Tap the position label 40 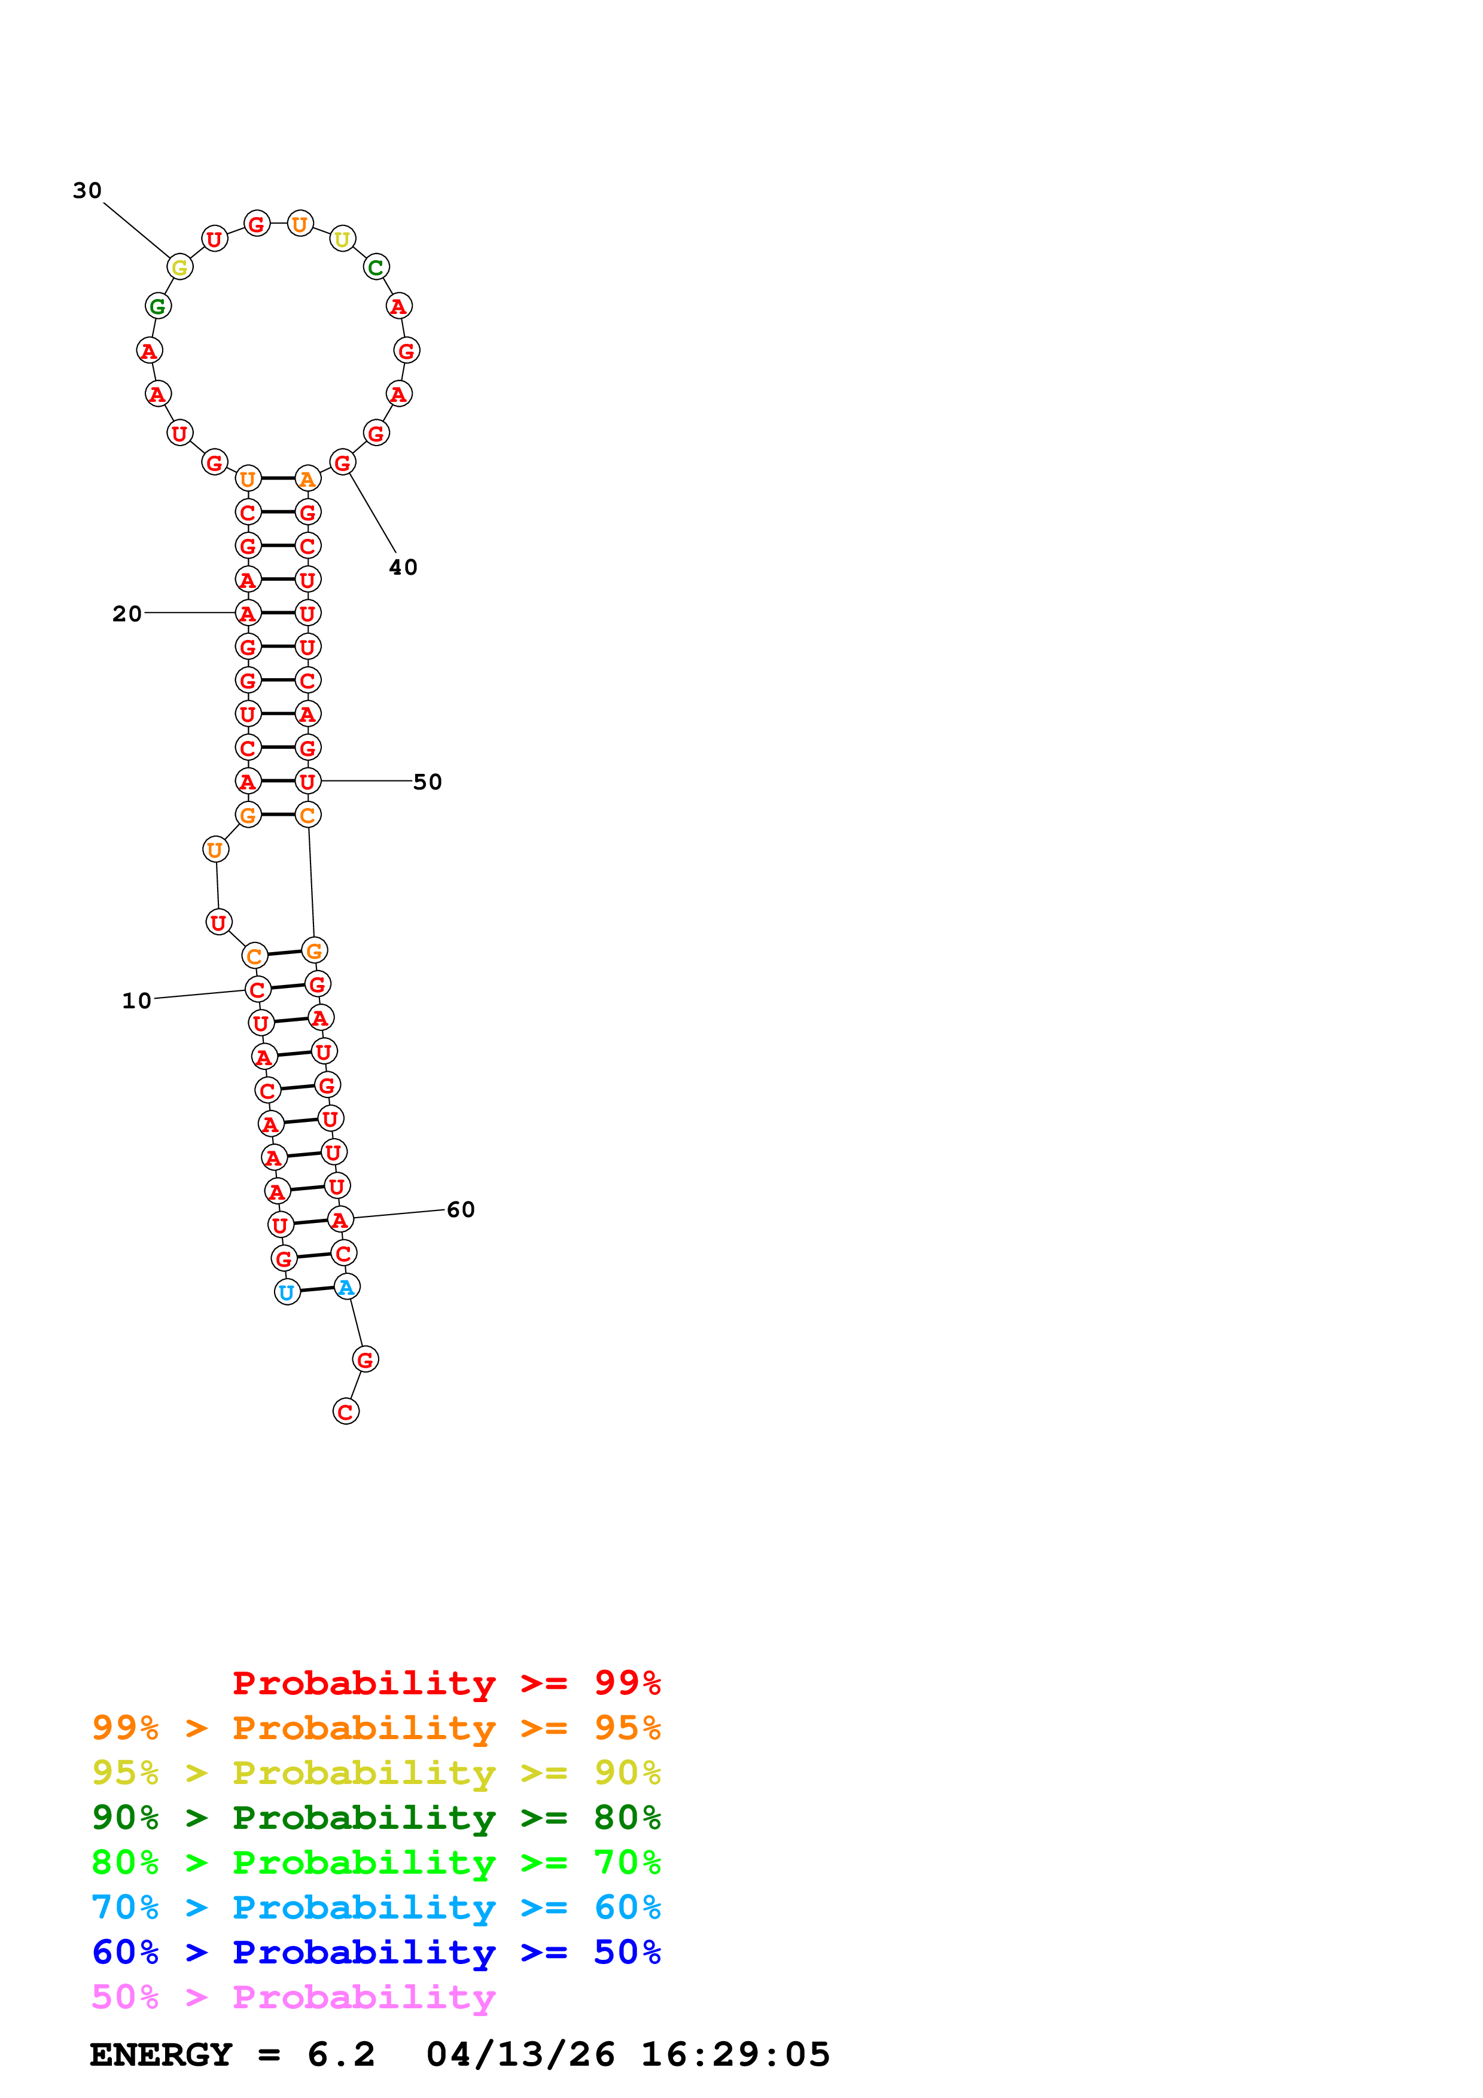pos(403,568)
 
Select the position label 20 pos(127,613)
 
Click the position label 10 pos(136,1001)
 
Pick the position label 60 pos(461,1209)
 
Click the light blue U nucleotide pos(287,1292)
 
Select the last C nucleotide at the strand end pos(345,1412)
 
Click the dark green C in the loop pos(376,267)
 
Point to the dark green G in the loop pos(158,306)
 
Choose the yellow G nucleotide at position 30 pos(180,267)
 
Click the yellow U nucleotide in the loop pos(342,239)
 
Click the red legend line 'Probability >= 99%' pos(446,1682)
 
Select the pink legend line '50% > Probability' pos(293,1996)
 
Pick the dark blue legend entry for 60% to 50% pos(376,1952)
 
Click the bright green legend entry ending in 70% pos(376,1862)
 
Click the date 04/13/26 pos(520,2055)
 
